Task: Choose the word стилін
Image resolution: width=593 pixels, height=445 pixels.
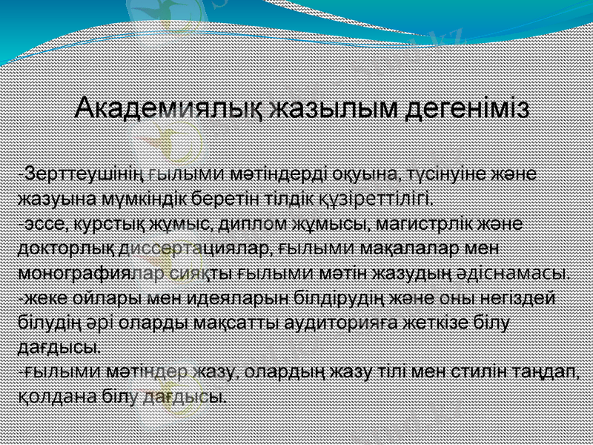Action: click(486, 371)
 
